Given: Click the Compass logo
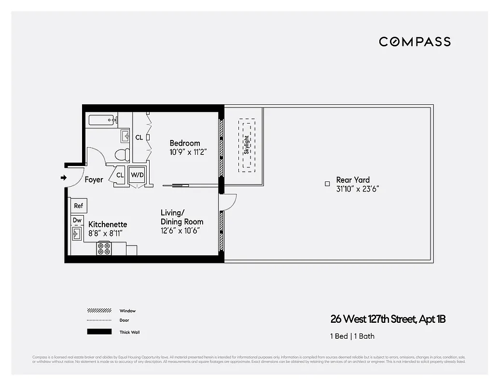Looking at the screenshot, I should (415, 41).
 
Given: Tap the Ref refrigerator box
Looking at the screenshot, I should (78, 206).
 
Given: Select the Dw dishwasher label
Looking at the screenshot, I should (77, 221).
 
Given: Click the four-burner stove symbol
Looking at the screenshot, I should (104, 248).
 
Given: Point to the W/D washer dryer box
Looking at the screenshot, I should (137, 175).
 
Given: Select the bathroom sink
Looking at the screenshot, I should (125, 136).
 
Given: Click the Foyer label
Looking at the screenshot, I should (94, 179).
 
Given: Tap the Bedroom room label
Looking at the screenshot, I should (184, 143).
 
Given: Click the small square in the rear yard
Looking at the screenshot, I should (327, 183).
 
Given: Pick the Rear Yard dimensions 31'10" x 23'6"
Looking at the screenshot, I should (357, 189).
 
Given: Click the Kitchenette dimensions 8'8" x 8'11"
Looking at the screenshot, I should (106, 233).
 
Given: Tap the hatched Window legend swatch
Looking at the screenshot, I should (99, 311).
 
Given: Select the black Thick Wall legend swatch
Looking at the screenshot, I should (99, 332).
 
